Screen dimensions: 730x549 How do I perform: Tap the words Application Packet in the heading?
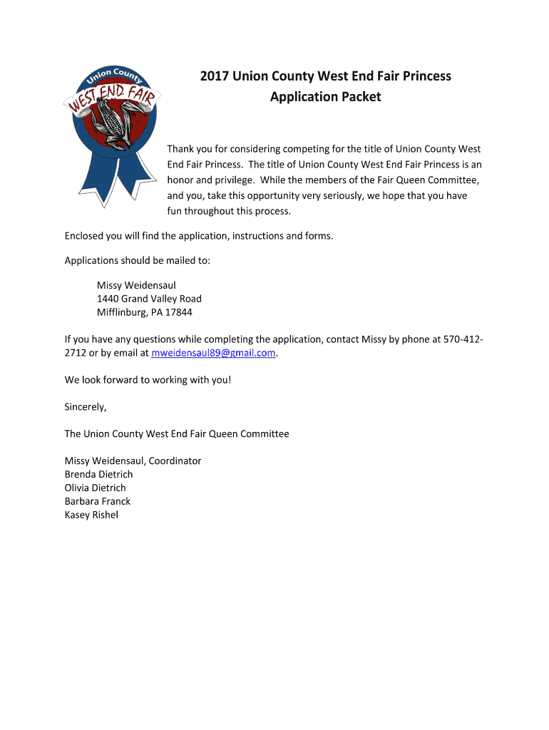click(325, 96)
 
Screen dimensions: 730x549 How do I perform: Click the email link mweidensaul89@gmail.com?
click(214, 353)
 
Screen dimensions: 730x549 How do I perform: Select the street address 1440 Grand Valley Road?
click(149, 299)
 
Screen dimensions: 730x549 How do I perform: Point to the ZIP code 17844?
click(178, 312)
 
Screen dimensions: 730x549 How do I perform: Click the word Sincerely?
click(86, 407)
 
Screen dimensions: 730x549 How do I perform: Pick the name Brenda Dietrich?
click(98, 474)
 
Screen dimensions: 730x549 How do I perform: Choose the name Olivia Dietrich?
click(95, 488)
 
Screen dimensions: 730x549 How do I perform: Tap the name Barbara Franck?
click(98, 501)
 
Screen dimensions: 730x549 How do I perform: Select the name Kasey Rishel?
click(91, 515)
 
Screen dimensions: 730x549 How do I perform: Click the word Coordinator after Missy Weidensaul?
click(175, 461)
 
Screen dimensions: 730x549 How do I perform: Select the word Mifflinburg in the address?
click(122, 312)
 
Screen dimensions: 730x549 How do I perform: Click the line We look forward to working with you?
click(148, 380)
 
